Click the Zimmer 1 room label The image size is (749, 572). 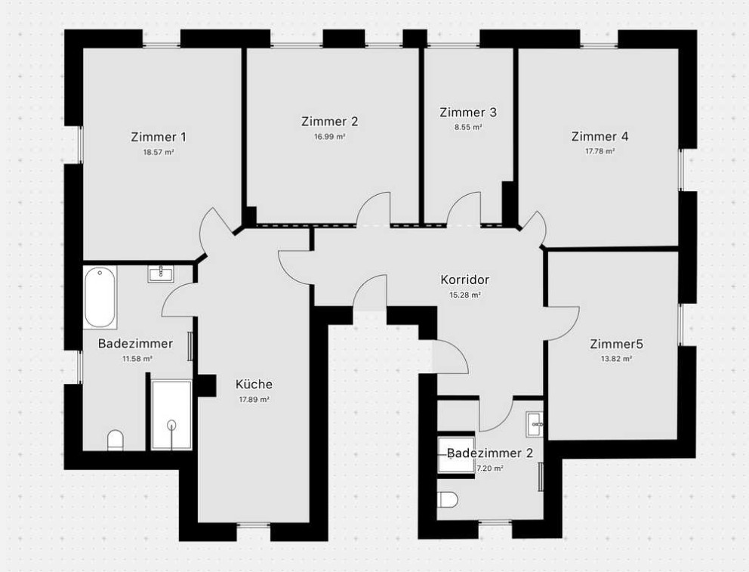point(158,138)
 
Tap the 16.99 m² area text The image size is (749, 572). point(330,137)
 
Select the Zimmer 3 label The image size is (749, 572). point(468,113)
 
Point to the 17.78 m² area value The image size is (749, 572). point(600,151)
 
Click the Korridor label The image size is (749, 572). point(465,280)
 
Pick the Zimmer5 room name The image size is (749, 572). point(616,344)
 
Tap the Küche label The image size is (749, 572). point(254,384)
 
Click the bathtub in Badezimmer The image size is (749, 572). point(100,297)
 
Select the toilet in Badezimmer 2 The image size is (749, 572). point(448,500)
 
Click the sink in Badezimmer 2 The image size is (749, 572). point(535,425)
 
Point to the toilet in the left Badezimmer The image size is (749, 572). point(116,440)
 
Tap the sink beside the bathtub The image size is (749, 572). point(162,274)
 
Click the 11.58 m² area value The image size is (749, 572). point(137,359)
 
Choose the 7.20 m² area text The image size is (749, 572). point(489,468)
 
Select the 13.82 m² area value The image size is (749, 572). point(616,359)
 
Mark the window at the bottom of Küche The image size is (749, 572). point(254,525)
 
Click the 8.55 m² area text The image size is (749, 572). point(468,128)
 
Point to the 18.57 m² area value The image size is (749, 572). point(158,153)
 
